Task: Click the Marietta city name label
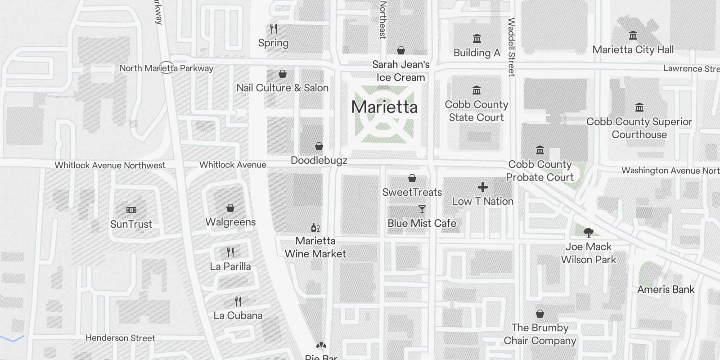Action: click(384, 107)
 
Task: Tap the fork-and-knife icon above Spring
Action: click(274, 29)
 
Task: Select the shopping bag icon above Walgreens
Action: click(230, 208)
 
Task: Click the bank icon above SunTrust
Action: click(131, 210)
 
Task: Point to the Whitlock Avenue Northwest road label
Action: click(110, 166)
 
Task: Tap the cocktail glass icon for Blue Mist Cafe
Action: click(422, 209)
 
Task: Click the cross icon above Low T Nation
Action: click(483, 187)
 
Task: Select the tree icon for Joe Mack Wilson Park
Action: click(588, 233)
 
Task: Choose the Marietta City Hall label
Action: click(633, 49)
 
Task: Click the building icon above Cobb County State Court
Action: click(477, 90)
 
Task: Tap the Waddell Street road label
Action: click(512, 47)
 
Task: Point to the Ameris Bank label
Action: click(666, 289)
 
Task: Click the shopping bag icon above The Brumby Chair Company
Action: click(540, 314)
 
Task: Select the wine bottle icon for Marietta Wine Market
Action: click(315, 228)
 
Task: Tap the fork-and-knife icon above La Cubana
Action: click(238, 301)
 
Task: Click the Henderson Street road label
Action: click(120, 338)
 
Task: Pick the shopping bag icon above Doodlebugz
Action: click(319, 146)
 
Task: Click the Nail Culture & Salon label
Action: click(283, 88)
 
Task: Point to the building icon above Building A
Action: click(477, 39)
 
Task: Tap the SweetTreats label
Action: click(412, 192)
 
